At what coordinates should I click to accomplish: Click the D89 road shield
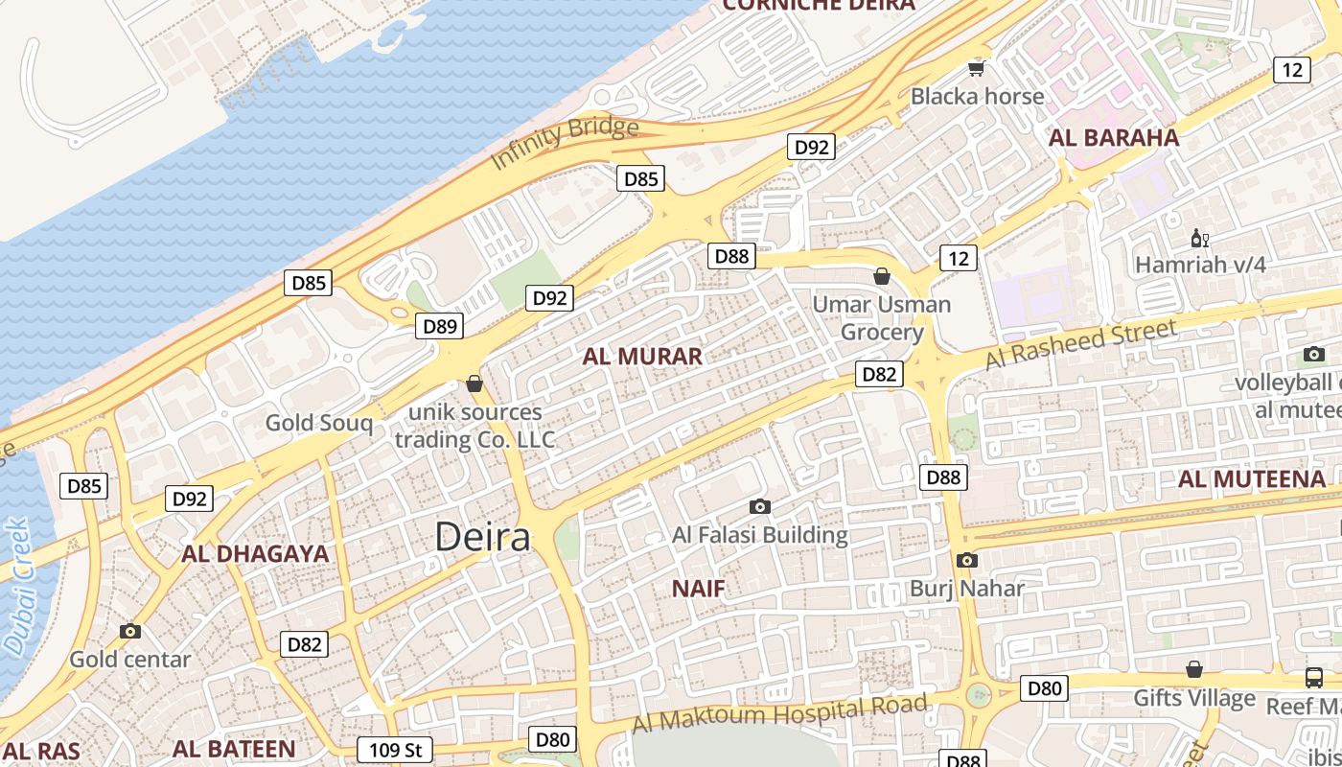click(440, 326)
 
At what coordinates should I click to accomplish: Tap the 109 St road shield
click(395, 750)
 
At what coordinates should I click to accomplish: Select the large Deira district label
click(482, 537)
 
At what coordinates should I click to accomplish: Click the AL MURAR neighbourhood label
click(642, 357)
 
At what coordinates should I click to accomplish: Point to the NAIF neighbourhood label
click(698, 588)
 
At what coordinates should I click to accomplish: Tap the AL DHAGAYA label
click(255, 553)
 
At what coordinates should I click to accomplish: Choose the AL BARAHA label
click(1114, 137)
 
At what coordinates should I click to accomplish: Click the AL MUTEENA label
click(1252, 478)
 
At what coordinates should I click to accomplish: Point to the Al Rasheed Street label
click(1080, 345)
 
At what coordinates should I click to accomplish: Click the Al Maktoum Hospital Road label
click(780, 713)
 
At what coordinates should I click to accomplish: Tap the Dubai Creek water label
click(16, 587)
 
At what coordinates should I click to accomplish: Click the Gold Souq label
click(319, 422)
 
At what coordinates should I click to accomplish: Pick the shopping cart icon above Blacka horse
click(977, 67)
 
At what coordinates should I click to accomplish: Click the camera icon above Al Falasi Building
click(760, 506)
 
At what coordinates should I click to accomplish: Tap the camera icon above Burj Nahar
click(966, 560)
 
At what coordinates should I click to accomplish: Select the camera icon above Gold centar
click(129, 631)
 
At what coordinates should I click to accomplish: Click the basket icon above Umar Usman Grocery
click(882, 277)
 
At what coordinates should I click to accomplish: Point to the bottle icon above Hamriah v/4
click(1198, 238)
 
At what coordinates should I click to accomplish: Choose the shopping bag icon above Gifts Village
click(1194, 669)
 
